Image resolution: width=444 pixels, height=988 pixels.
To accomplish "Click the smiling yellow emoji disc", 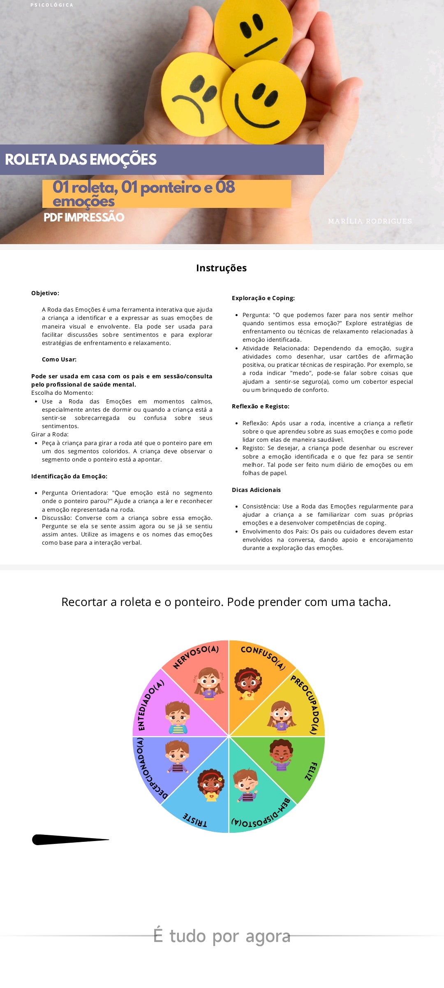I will [x=263, y=103].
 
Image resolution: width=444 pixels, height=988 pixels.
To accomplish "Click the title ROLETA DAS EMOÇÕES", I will [x=81, y=160].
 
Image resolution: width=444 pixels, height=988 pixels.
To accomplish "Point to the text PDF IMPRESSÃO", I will [x=84, y=217].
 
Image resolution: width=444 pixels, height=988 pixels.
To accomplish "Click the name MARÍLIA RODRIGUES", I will [x=370, y=221].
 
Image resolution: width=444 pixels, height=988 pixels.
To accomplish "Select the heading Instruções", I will [x=221, y=268].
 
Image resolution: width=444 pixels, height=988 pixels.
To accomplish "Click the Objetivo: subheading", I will [x=45, y=293].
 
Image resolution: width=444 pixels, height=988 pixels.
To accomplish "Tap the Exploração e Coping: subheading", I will [x=263, y=298].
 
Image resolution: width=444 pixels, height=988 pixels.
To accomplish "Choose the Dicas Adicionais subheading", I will [x=256, y=490].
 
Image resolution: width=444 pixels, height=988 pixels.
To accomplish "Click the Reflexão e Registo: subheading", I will [x=261, y=406].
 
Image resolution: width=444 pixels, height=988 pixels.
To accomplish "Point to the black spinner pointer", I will [x=70, y=839].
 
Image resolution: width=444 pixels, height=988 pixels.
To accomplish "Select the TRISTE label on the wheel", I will [x=195, y=820].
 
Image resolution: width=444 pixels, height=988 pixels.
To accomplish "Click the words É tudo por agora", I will [x=222, y=936].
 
